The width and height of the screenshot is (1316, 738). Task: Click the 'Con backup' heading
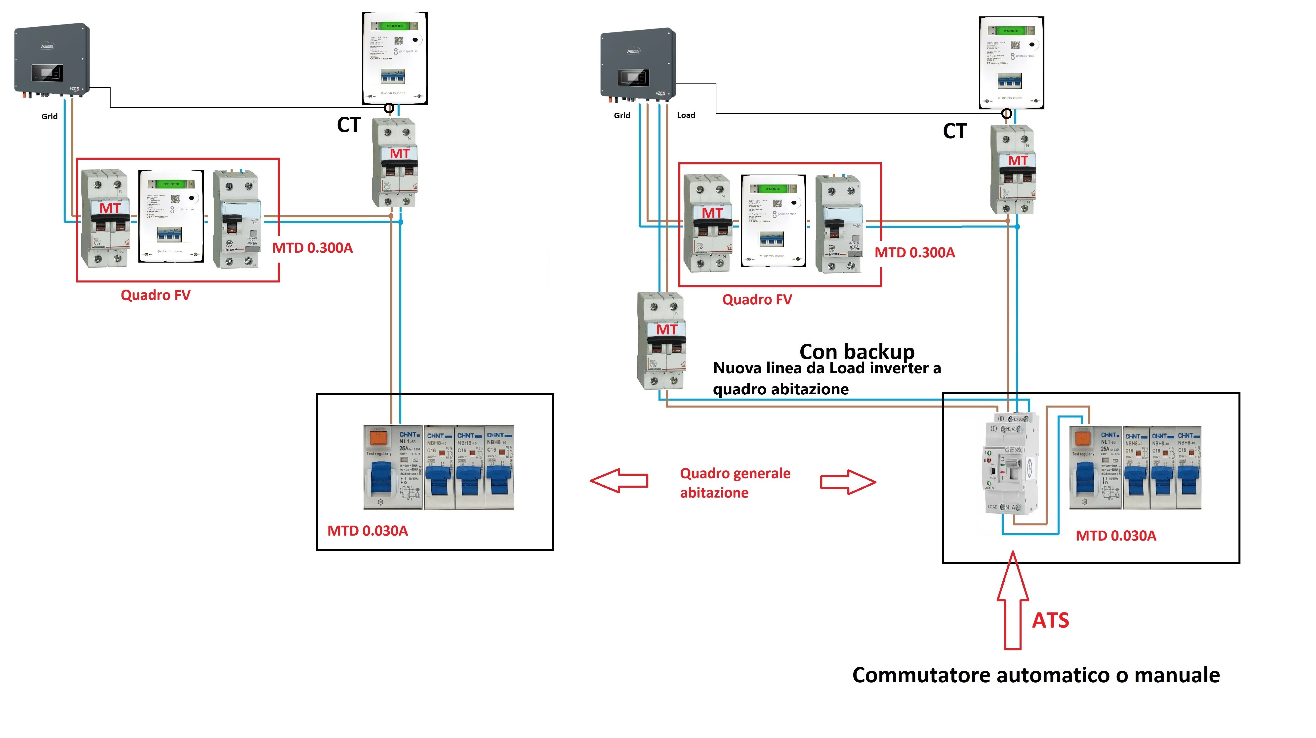[857, 352]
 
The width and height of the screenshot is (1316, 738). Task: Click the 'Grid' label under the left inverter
[49, 117]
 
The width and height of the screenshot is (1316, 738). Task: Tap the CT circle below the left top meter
[389, 108]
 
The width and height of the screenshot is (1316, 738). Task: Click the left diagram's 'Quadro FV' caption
[155, 295]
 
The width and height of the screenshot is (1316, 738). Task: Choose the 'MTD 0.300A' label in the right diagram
[914, 252]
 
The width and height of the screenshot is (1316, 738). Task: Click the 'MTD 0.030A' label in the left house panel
[367, 531]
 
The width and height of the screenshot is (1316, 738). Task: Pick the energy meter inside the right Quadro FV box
[773, 221]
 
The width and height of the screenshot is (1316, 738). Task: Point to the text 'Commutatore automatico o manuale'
[1035, 675]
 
